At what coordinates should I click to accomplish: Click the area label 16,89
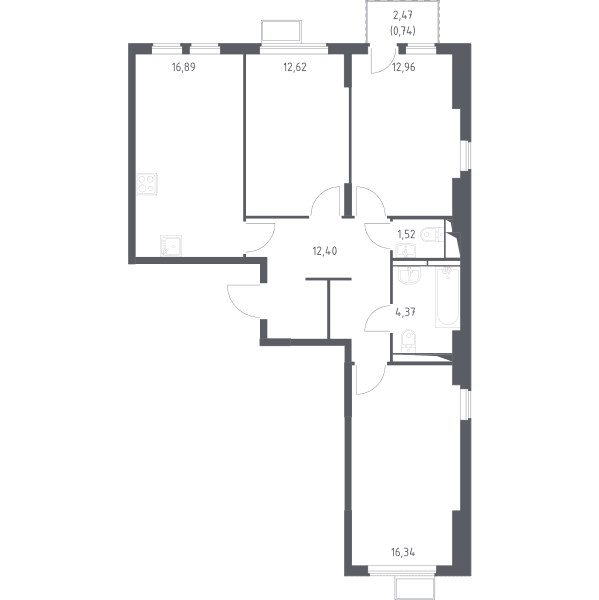[184, 67]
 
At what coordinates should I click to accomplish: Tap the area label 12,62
[295, 67]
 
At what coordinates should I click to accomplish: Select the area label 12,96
[404, 67]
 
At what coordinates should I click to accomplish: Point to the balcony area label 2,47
[403, 16]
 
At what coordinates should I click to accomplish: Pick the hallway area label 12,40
[325, 251]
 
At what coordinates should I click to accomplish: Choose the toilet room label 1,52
[406, 234]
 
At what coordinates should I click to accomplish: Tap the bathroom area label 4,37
[405, 312]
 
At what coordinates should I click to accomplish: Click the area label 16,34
[403, 553]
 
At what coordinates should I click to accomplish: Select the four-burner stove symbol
[147, 184]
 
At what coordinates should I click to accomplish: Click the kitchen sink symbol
[171, 245]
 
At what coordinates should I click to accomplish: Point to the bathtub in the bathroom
[447, 297]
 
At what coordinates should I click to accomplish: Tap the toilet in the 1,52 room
[432, 234]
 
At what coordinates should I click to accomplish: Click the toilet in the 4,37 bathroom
[408, 340]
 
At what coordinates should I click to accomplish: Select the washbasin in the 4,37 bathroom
[409, 276]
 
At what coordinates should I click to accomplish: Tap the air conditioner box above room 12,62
[281, 31]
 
